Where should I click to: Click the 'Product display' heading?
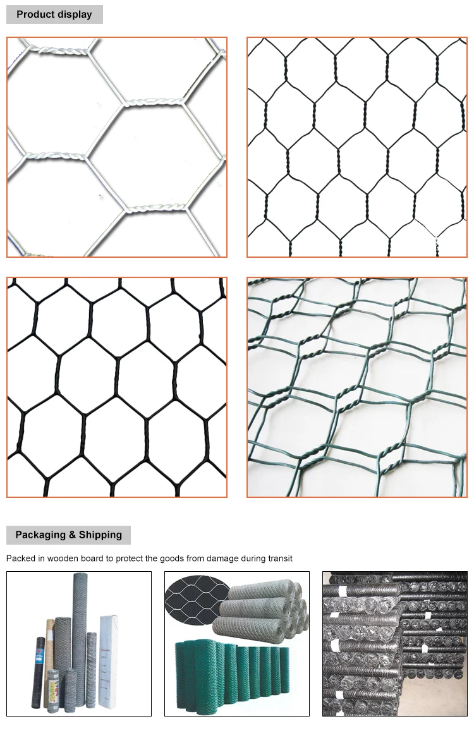click(54, 14)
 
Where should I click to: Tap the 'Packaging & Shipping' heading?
click(68, 535)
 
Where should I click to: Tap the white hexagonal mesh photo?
click(117, 147)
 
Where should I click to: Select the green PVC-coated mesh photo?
click(356, 387)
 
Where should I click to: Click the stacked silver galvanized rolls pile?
click(265, 610)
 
